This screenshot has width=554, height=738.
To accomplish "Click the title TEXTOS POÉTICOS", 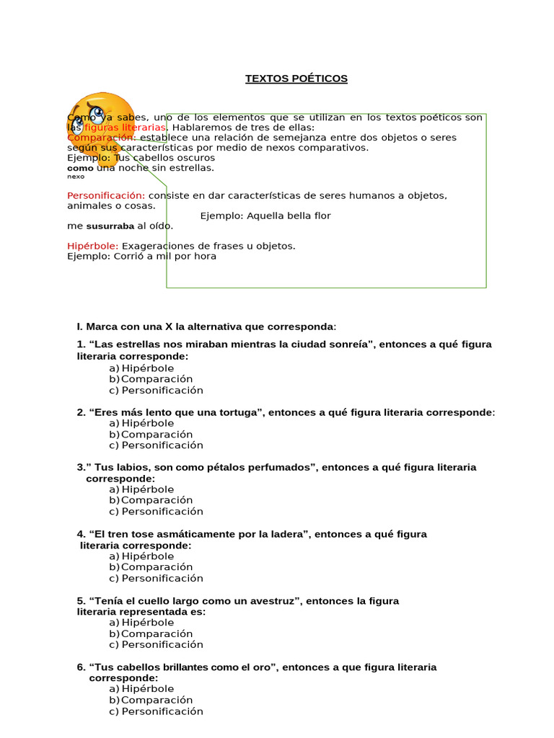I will point(296,79).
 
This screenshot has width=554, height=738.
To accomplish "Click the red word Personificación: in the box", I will point(106,196).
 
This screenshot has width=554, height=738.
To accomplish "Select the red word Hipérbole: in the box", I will point(93,246).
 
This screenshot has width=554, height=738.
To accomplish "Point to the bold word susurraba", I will point(110,226).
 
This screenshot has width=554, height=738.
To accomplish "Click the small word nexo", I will point(76,177).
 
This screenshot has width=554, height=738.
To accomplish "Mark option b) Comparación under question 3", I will point(151,500).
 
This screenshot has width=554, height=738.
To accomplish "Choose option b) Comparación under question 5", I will point(151,633).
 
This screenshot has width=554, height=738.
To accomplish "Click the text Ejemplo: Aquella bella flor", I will point(265,216).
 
